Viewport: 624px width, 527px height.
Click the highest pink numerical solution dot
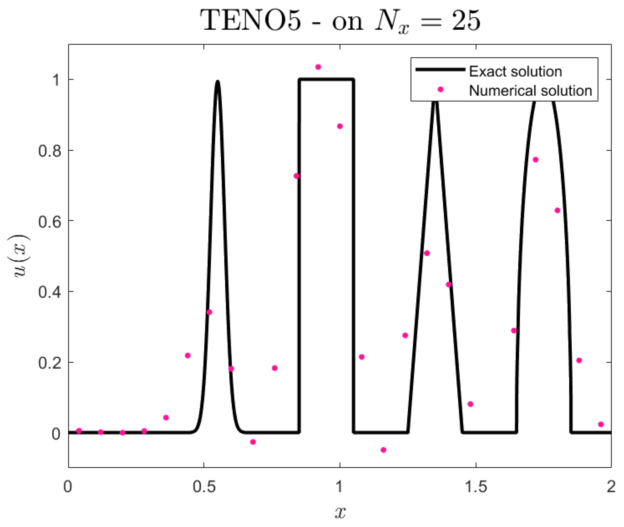[318, 67]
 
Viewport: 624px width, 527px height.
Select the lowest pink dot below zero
[383, 450]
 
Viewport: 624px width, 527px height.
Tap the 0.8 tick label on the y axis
[49, 151]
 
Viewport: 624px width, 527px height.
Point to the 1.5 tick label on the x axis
[476, 487]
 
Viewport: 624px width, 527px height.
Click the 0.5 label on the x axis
[204, 487]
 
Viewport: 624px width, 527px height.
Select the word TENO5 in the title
[251, 21]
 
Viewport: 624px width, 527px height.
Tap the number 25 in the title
[466, 21]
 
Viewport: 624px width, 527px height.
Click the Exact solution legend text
[515, 71]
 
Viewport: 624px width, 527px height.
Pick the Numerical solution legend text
[530, 91]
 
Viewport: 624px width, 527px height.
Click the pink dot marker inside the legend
[440, 90]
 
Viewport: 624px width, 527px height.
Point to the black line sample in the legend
[440, 69]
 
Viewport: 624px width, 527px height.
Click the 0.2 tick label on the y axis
[49, 363]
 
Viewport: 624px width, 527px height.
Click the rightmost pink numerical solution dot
[601, 424]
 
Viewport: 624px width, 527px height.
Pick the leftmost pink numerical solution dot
[79, 431]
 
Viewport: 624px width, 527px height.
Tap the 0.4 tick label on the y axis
[49, 292]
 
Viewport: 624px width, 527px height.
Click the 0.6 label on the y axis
[49, 221]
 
